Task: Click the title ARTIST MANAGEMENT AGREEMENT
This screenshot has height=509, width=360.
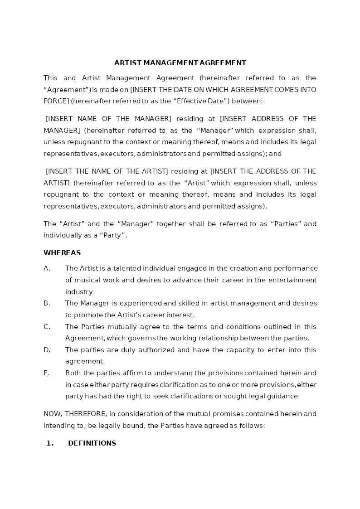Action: (180, 63)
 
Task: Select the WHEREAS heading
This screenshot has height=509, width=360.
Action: (62, 253)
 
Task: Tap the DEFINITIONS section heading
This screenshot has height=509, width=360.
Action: (92, 443)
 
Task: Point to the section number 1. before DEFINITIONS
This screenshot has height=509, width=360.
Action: (50, 443)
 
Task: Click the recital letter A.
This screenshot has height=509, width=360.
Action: (47, 268)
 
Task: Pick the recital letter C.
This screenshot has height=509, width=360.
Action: (47, 327)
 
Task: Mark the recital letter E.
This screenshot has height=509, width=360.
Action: (46, 373)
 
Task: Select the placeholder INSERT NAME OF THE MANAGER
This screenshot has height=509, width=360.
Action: (109, 119)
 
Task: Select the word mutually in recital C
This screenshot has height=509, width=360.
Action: (110, 327)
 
